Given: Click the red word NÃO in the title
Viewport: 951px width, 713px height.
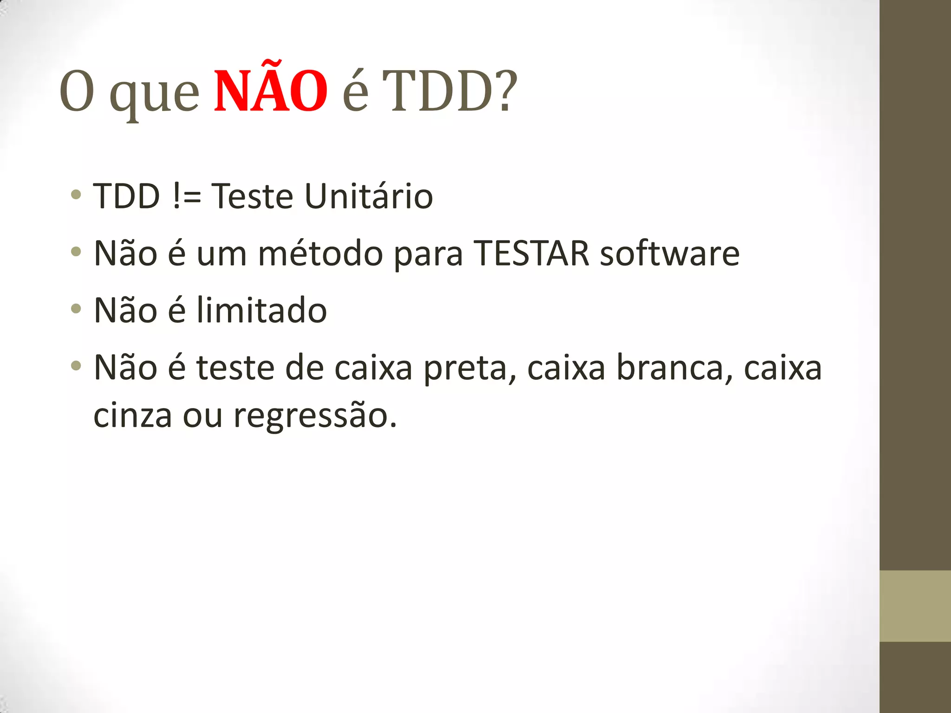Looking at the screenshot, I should click(x=271, y=91).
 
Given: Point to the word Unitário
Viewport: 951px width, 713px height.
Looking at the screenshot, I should click(x=369, y=196).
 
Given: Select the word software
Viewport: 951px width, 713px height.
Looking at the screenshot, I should click(x=670, y=253).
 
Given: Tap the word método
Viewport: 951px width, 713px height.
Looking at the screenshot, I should click(x=320, y=253).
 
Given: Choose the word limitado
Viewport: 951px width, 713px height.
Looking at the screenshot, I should click(x=261, y=310).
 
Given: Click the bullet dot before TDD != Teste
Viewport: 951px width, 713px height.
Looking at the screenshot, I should click(x=76, y=194).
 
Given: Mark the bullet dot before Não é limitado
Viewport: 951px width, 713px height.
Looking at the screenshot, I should click(x=76, y=308).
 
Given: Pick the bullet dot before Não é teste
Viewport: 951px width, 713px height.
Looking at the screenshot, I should click(x=76, y=365).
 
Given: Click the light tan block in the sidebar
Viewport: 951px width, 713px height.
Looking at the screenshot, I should click(x=915, y=606).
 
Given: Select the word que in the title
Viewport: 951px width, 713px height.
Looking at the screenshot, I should click(x=154, y=95).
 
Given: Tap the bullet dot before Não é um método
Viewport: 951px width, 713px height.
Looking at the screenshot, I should click(x=76, y=252).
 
